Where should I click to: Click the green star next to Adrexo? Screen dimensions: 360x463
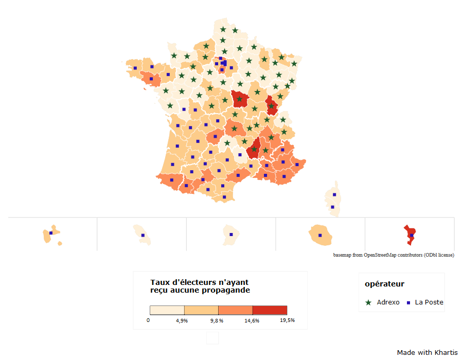coord(368,302)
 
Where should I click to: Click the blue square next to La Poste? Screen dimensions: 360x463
coord(408,302)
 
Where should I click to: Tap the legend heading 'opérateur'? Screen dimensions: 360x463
coord(384,284)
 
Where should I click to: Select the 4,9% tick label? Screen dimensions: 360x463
coord(182,320)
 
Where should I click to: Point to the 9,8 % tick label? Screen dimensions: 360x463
coord(217,320)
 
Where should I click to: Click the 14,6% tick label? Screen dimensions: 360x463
coord(252,320)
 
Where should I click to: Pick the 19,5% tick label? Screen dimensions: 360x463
coord(287,320)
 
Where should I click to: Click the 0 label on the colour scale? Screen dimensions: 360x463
coord(148,320)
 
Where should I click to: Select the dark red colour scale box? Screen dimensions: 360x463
coord(270,310)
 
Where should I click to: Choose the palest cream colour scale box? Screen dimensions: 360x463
coord(167,310)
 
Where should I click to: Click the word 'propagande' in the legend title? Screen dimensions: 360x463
coord(225,290)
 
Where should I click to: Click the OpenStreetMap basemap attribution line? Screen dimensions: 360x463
coord(394,255)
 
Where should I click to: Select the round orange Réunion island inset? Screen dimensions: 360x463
coord(320,235)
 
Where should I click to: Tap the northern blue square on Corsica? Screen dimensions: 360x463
coord(334,194)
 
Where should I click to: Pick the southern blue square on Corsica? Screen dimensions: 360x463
coord(332,207)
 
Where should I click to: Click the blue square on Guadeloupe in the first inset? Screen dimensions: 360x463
coord(51,233)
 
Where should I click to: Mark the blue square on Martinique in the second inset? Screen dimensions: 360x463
coord(143,236)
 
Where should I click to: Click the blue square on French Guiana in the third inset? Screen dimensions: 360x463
coord(231,235)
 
